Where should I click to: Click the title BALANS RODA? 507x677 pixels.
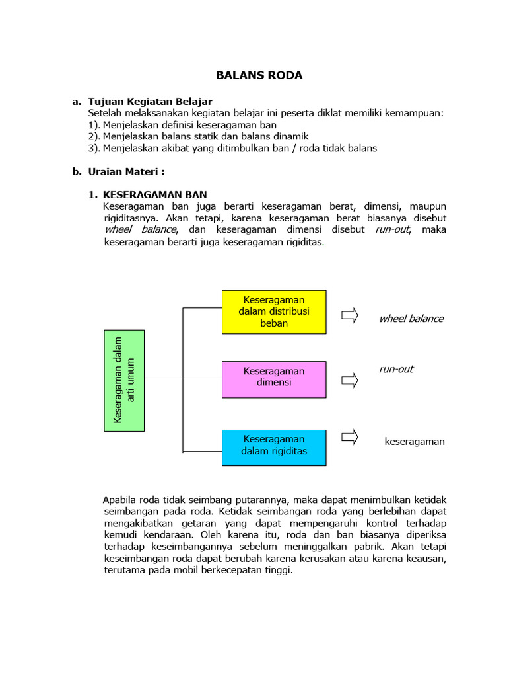[259, 75]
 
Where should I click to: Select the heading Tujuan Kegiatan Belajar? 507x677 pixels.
[150, 102]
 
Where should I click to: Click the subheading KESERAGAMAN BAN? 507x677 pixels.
[154, 194]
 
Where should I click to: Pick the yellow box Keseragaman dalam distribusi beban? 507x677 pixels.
[274, 311]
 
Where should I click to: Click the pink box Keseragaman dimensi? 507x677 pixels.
[274, 379]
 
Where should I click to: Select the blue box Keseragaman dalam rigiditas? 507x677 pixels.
[274, 447]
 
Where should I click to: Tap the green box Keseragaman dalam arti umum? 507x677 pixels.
[124, 380]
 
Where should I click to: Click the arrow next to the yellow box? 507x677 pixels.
[349, 315]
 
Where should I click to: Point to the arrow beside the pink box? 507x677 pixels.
[349, 380]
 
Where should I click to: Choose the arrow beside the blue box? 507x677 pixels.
[349, 436]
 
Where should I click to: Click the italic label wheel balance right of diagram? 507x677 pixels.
[411, 319]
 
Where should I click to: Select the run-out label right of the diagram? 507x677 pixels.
[395, 369]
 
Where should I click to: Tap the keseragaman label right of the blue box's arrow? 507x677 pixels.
[415, 442]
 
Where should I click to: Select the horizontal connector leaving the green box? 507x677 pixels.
[163, 378]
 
